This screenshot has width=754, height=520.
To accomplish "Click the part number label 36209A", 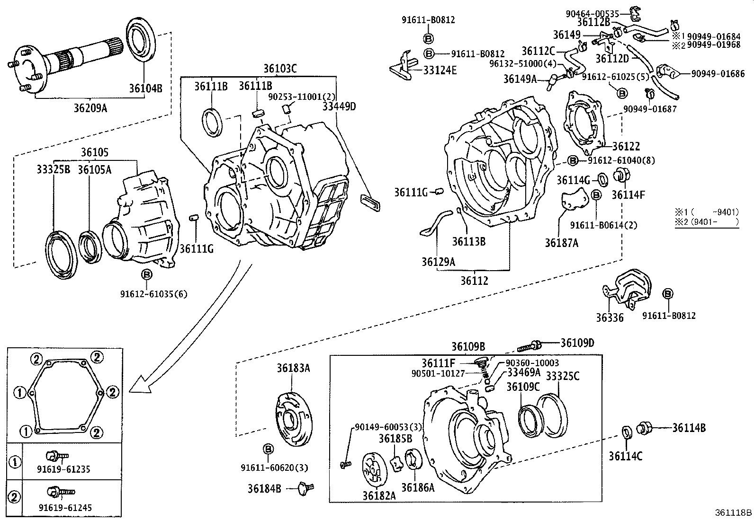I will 90,108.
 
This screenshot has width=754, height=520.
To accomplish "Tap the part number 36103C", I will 279,68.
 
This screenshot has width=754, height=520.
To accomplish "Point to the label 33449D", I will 339,106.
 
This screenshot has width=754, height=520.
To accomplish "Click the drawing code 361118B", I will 733,512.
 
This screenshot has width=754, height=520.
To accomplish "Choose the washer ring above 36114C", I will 626,432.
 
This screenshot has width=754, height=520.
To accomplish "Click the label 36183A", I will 293,368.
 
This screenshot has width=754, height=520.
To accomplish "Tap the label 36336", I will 610,317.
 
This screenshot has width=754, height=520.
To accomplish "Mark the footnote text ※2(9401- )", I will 707,221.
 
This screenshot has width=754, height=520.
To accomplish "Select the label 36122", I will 626,146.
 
